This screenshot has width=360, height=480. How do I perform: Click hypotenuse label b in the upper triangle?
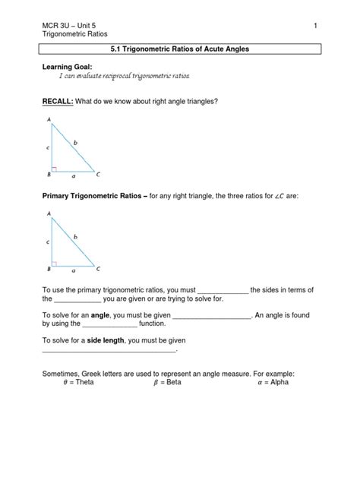(x=76, y=142)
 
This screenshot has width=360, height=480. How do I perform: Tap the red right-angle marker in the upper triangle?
(x=55, y=169)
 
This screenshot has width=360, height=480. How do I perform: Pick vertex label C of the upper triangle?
(x=97, y=174)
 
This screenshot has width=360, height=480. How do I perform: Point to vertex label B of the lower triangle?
(x=49, y=268)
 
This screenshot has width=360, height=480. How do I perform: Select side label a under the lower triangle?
(x=73, y=270)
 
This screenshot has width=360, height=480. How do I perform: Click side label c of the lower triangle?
(x=48, y=242)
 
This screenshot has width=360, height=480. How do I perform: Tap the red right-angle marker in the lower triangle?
(x=55, y=264)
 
